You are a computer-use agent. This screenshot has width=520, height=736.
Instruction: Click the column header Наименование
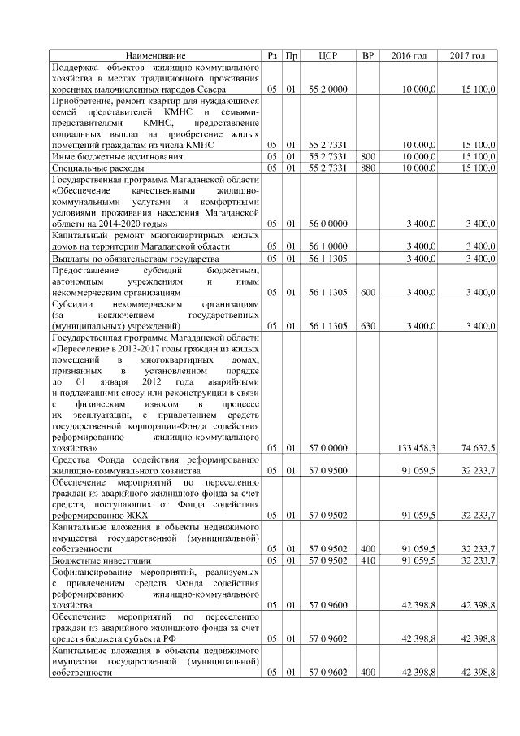156,55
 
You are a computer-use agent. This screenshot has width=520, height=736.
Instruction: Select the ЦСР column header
328,55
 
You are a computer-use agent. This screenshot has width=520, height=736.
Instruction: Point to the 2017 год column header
467,55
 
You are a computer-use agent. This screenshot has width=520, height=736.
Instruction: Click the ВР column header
368,55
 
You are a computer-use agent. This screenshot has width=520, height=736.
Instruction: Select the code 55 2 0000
328,87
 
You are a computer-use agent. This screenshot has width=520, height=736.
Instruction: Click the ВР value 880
368,168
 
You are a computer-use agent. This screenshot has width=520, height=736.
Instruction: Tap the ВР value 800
368,155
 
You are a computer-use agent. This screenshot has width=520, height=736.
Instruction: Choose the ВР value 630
368,326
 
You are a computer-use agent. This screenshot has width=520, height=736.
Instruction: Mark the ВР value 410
368,560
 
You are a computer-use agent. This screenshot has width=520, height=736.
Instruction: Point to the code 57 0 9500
328,470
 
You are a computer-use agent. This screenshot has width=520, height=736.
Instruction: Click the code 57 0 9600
328,605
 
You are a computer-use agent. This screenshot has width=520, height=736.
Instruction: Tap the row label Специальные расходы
87,168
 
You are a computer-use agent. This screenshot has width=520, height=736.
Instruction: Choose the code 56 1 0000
328,246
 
